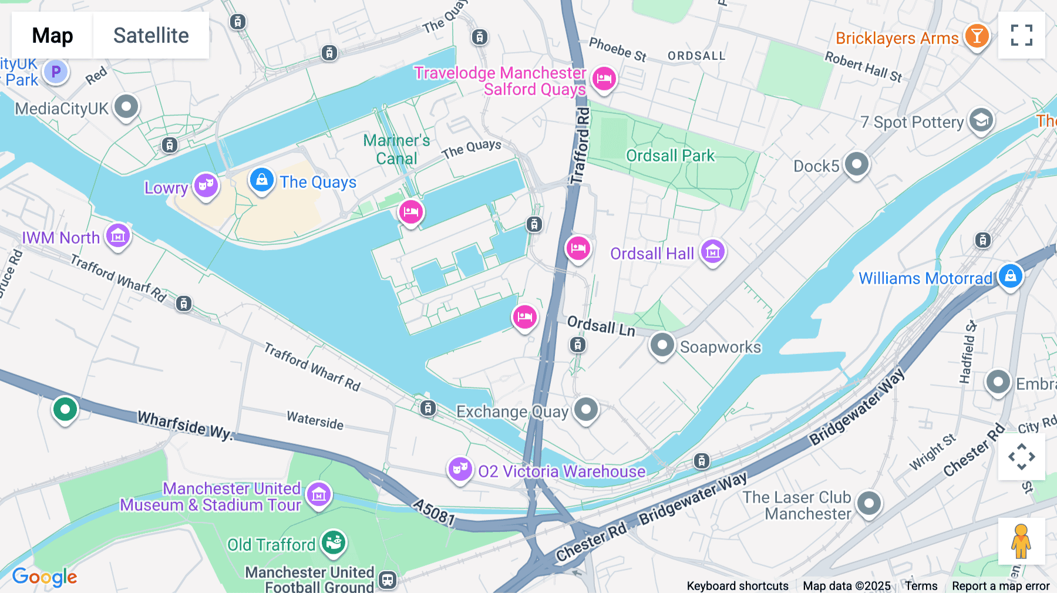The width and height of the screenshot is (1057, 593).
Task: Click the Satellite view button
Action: [151, 35]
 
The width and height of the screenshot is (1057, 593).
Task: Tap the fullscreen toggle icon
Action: [1021, 35]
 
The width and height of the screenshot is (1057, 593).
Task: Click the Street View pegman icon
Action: [1021, 541]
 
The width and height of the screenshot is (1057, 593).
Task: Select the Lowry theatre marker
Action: [206, 186]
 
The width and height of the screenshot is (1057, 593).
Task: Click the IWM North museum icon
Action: [118, 236]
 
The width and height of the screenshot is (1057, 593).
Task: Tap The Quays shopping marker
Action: [261, 180]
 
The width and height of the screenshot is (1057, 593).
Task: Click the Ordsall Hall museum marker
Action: [712, 252]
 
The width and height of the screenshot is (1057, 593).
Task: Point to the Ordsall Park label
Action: [670, 156]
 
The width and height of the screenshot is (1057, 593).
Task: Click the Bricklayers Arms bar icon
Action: [977, 36]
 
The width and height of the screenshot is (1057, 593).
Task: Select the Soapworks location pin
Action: [662, 345]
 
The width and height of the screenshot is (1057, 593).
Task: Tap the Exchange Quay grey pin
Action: [585, 409]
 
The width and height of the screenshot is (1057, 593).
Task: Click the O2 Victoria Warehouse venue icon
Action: [460, 469]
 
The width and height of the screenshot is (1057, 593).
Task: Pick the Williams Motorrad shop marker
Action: [1010, 275]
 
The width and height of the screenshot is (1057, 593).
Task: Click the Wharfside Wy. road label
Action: [186, 426]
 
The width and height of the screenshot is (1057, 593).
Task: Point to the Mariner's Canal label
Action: [396, 149]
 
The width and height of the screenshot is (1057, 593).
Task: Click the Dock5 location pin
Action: [856, 164]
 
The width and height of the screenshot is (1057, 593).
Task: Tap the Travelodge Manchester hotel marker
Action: [604, 78]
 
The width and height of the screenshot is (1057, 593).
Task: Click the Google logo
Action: [45, 577]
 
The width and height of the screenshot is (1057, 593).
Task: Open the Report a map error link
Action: [1001, 586]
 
